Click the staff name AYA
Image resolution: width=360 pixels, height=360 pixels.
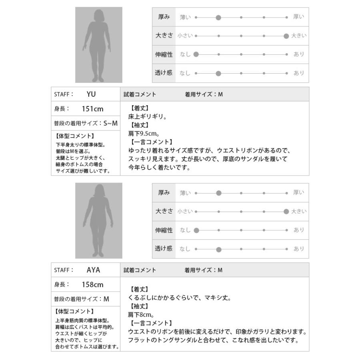coord(93,270)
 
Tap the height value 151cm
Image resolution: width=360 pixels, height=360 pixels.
coord(93,109)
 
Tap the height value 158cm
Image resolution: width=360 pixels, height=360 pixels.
coord(93,285)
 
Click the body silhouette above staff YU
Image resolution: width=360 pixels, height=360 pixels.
coord(98,45)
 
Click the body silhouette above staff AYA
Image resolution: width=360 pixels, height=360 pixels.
coord(98,220)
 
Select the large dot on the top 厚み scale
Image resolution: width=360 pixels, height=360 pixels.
coord(218,17)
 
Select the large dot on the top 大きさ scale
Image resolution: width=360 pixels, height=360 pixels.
coord(286,36)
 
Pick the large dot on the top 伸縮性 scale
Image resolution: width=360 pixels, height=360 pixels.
coord(196,54)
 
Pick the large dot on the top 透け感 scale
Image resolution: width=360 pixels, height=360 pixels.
coord(218,73)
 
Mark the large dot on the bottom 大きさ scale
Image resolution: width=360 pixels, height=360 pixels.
coord(286,212)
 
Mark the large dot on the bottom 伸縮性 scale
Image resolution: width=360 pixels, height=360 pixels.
coord(196,230)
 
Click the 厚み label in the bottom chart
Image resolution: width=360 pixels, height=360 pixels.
coord(164,193)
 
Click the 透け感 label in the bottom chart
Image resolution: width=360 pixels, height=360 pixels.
coord(164,249)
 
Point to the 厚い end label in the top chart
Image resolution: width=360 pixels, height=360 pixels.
coord(299,17)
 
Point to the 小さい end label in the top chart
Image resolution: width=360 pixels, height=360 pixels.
coord(185,36)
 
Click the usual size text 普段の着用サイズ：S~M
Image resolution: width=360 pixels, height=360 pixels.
coord(85,124)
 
